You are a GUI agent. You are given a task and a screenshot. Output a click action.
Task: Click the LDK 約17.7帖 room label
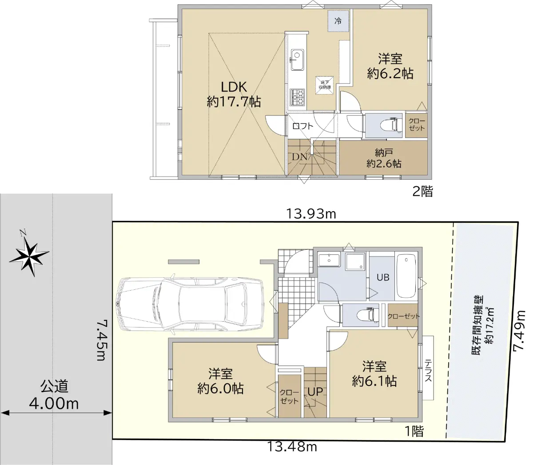234,94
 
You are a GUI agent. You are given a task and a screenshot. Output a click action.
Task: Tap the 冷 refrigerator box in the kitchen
338,21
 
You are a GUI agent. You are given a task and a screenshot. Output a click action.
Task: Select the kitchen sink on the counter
297,60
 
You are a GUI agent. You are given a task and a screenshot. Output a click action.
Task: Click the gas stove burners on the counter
298,97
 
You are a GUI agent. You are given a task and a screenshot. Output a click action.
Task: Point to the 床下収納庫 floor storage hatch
325,85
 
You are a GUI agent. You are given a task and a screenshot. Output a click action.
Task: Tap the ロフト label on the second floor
303,126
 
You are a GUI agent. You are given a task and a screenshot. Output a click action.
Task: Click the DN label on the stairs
299,157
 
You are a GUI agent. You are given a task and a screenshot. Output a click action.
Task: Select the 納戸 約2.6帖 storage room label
384,158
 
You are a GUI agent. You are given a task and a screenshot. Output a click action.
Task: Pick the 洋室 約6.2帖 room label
390,66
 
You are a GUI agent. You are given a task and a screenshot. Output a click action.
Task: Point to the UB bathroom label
383,277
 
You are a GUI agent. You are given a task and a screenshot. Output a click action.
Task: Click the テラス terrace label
428,370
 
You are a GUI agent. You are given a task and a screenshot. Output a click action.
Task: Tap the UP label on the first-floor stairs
315,392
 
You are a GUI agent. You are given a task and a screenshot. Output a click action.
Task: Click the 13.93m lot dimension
311,214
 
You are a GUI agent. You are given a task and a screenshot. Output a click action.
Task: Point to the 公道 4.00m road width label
54,395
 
